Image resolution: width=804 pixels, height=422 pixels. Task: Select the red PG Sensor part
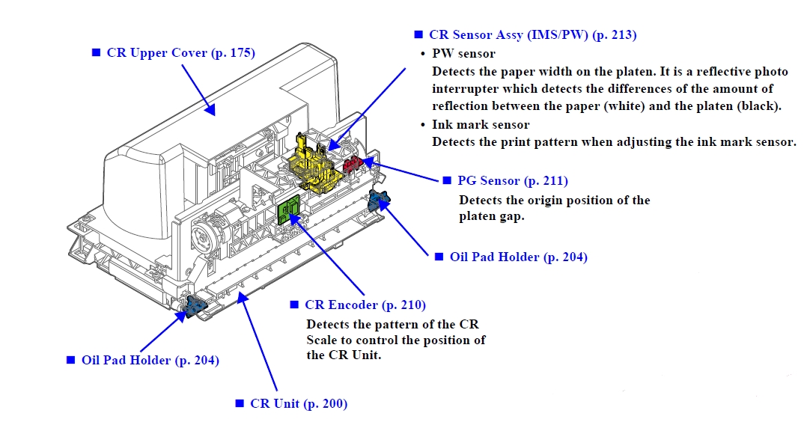click(x=353, y=164)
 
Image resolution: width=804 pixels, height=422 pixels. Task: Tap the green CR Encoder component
click(x=288, y=211)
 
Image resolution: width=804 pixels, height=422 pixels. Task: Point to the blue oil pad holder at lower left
click(x=195, y=306)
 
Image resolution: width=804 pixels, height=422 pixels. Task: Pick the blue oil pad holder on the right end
click(x=380, y=200)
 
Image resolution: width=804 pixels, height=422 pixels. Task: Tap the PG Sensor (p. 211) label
click(x=513, y=180)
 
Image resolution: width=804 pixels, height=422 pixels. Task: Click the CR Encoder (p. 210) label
click(x=365, y=305)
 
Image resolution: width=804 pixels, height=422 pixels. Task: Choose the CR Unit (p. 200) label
click(x=299, y=403)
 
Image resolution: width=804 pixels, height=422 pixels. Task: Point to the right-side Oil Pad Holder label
click(x=518, y=257)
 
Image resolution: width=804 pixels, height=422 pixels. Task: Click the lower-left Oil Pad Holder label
click(x=150, y=360)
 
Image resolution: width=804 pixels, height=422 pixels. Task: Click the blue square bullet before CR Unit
click(x=240, y=403)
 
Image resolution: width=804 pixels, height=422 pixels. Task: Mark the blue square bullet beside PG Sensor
click(x=447, y=180)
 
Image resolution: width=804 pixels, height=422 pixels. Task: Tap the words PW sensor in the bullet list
click(x=463, y=53)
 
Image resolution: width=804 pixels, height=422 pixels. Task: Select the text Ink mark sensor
click(x=481, y=125)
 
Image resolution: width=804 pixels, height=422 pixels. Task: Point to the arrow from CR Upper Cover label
click(x=198, y=89)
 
